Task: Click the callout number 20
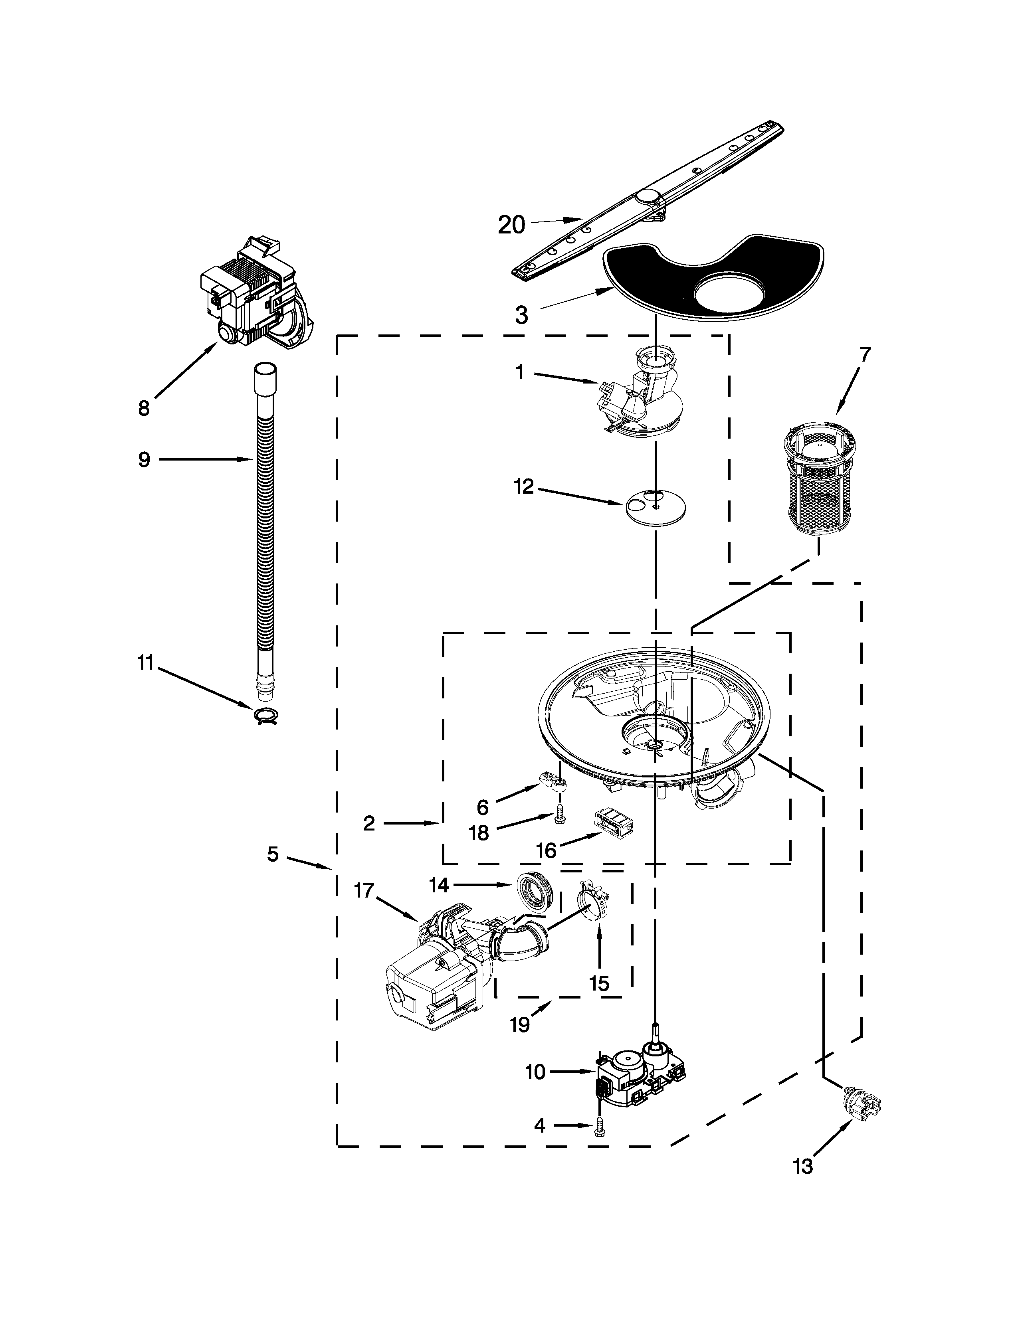[x=511, y=225]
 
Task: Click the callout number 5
[x=273, y=854]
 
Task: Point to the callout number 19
[x=520, y=1024]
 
